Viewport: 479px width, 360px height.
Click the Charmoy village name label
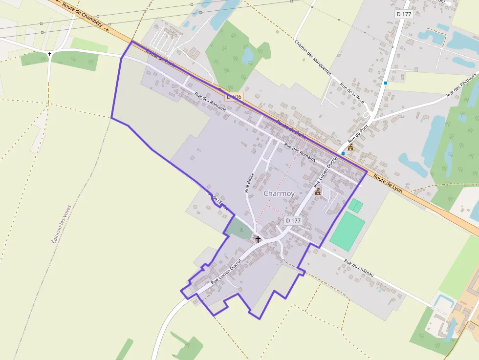[279, 193]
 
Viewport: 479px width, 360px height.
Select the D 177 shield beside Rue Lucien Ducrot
[293, 220]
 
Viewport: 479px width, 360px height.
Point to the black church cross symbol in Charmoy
[258, 239]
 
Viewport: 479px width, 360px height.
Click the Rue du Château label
[359, 268]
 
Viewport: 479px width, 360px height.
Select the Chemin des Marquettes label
[313, 58]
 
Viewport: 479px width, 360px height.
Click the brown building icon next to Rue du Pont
[350, 147]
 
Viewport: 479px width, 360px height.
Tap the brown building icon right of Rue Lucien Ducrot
[318, 192]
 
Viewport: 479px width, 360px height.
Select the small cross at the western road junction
[49, 54]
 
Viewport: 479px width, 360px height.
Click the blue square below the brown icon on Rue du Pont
[343, 153]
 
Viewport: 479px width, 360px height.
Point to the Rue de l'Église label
[216, 199]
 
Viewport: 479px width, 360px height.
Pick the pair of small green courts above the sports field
[356, 206]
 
